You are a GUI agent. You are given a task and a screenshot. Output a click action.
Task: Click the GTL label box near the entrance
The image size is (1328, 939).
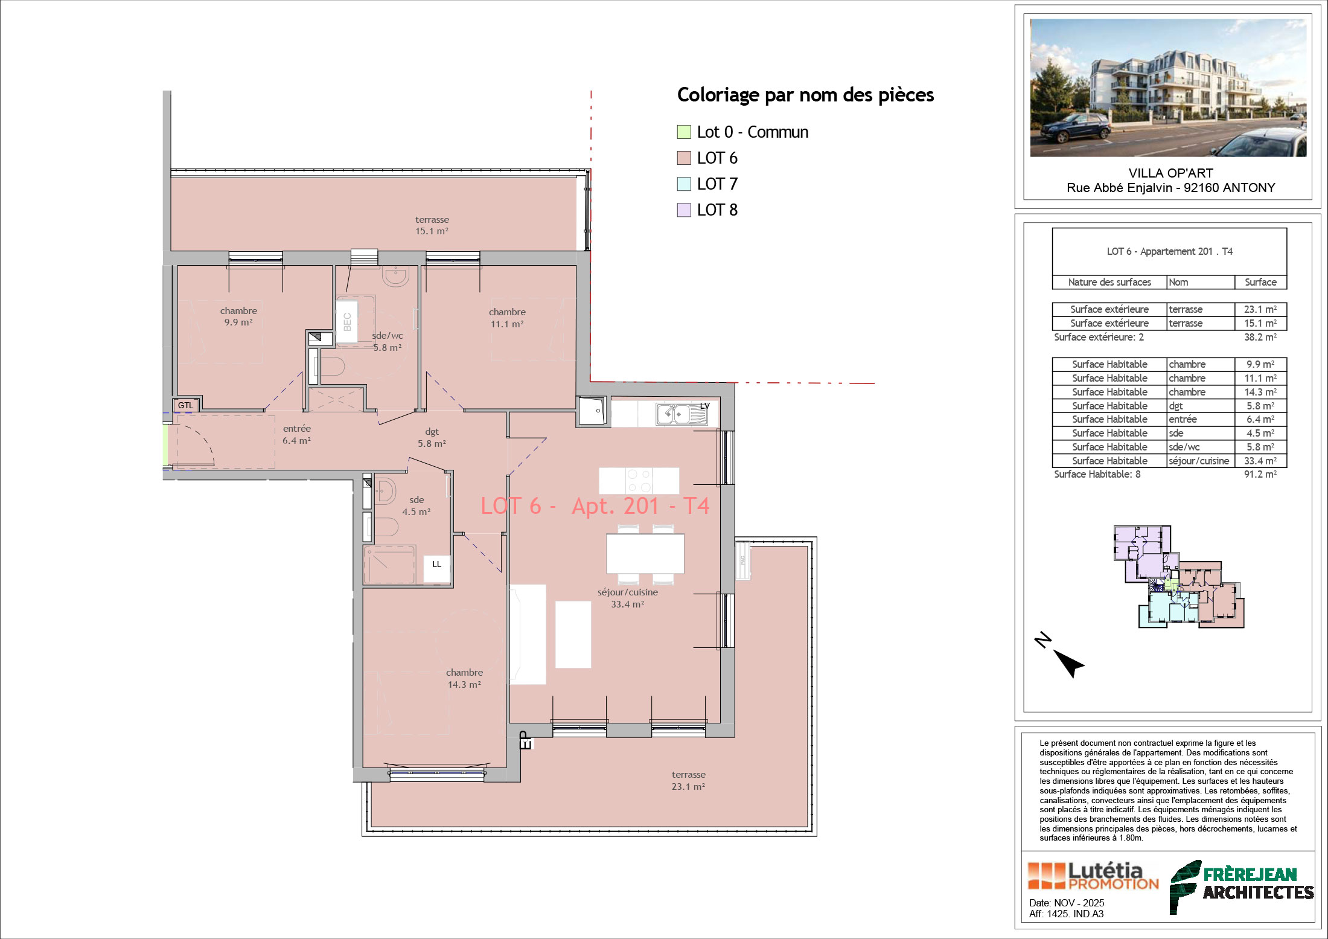[185, 405]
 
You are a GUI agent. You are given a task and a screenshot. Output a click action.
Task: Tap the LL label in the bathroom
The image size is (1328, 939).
[436, 564]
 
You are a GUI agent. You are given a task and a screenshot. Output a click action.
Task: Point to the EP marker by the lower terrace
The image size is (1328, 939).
[525, 740]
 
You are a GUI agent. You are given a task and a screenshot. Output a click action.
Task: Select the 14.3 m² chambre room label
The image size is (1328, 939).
[464, 678]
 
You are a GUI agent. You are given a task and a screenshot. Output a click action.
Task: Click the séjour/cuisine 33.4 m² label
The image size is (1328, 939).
[628, 598]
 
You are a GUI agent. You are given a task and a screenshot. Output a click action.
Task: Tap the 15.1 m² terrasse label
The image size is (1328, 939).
[432, 225]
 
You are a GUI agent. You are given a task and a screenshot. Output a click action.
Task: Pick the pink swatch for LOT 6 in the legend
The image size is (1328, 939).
[684, 158]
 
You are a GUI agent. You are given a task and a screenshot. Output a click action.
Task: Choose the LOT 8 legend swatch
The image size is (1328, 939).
[684, 210]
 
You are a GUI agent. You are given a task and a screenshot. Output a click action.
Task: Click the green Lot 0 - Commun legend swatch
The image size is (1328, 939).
[684, 132]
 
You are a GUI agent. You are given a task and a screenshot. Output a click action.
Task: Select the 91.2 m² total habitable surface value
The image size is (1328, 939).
[1260, 475]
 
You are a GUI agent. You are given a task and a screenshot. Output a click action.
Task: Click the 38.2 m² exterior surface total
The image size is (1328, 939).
[1260, 338]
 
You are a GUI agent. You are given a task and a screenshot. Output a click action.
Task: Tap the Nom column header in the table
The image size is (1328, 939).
[1178, 282]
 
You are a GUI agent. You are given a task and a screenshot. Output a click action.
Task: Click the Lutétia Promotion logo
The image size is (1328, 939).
[1093, 876]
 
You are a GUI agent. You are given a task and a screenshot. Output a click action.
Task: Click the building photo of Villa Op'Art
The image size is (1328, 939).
[1168, 88]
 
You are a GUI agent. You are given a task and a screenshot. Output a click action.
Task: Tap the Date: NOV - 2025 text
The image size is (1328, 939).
[1067, 903]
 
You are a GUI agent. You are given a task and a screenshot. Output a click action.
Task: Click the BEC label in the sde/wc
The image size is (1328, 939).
[347, 322]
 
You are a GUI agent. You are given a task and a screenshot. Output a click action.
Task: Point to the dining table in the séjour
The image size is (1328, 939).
[645, 554]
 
